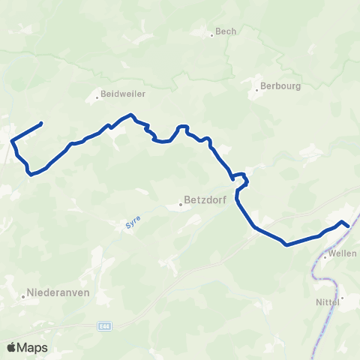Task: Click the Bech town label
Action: tap(226, 31)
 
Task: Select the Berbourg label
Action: tap(281, 85)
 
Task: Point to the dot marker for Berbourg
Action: tap(257, 89)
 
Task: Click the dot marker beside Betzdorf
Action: tap(180, 202)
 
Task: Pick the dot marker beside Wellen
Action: tap(325, 256)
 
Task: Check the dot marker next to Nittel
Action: tap(341, 297)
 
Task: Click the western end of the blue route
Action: tap(41, 123)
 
